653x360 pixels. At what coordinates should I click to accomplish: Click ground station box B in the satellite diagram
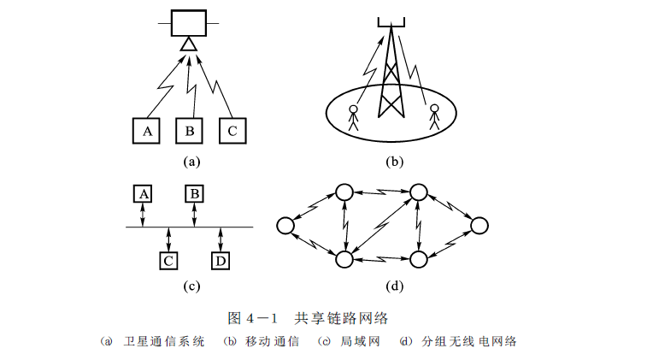pyautogui.click(x=189, y=131)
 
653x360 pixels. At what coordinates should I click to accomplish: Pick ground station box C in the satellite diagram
pyautogui.click(x=231, y=131)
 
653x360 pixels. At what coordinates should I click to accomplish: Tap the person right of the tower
pyautogui.click(x=434, y=116)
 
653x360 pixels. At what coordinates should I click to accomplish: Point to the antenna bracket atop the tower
pyautogui.click(x=392, y=21)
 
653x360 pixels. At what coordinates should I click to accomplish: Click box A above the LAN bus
pyautogui.click(x=144, y=194)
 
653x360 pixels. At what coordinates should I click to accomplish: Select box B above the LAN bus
pyautogui.click(x=194, y=194)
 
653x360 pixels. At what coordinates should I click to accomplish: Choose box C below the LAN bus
pyautogui.click(x=169, y=259)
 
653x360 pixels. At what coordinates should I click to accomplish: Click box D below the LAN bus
pyautogui.click(x=220, y=259)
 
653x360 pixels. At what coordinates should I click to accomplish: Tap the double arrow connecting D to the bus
pyautogui.click(x=220, y=239)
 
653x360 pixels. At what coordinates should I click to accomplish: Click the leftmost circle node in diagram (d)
pyautogui.click(x=285, y=226)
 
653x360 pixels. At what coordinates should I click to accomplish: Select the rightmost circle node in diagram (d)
pyautogui.click(x=479, y=226)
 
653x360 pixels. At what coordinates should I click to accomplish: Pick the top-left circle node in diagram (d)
pyautogui.click(x=344, y=192)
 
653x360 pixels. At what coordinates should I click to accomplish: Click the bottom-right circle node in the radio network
pyautogui.click(x=418, y=257)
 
